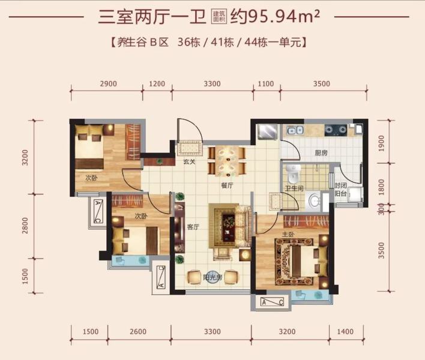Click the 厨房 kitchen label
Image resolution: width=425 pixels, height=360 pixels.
(x=321, y=153)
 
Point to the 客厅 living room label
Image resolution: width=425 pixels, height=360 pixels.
(x=193, y=226)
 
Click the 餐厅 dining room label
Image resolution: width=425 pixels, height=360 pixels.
(x=226, y=185)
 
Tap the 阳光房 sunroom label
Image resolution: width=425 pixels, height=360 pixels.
(x=212, y=277)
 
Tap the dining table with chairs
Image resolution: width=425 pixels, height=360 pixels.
(x=228, y=159)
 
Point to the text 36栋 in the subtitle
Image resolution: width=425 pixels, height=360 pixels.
(x=191, y=42)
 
